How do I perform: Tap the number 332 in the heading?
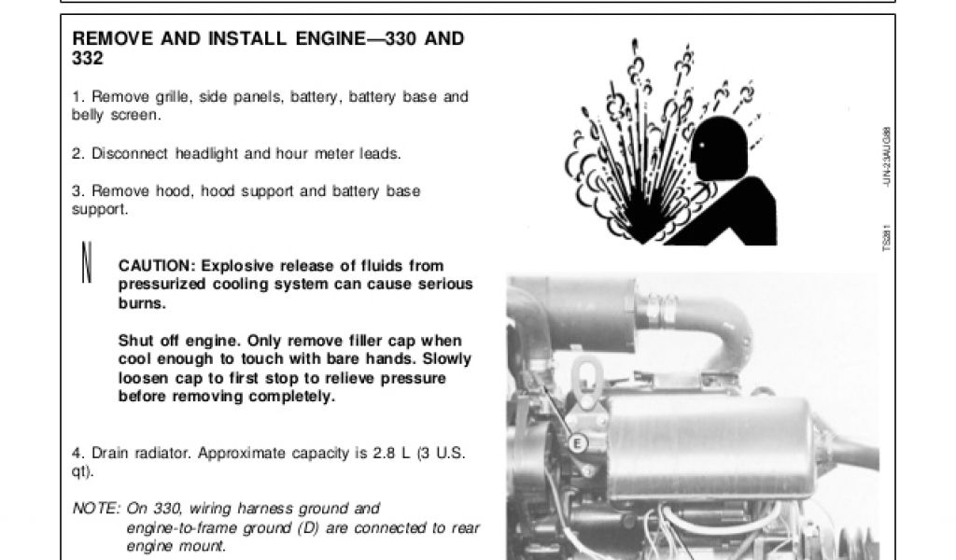pos(88,59)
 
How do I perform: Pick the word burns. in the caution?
pos(142,302)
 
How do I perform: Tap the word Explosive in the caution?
pos(238,266)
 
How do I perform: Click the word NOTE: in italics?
pos(96,509)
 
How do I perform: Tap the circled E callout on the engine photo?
pos(577,443)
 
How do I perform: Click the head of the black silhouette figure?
pos(720,147)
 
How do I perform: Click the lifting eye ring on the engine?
pos(586,383)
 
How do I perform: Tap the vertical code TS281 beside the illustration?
pos(887,238)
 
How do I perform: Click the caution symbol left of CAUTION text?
pos(87,262)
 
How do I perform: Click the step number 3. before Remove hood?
pos(78,191)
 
